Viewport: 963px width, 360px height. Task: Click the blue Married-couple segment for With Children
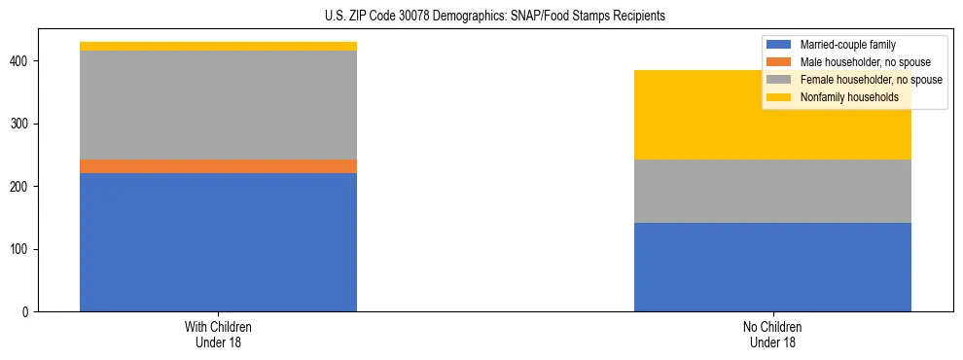point(218,242)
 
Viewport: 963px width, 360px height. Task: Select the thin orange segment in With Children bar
point(218,166)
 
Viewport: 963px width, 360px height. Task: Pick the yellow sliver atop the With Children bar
point(218,46)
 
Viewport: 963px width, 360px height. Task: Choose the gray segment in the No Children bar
point(772,191)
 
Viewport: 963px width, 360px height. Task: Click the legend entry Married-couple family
point(847,45)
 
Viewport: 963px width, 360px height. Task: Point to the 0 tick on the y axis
point(27,312)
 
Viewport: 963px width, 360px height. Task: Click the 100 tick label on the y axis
point(21,249)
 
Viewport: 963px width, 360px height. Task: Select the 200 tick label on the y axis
point(21,187)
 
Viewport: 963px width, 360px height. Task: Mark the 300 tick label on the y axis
point(21,124)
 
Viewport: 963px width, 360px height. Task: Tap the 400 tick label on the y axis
point(21,61)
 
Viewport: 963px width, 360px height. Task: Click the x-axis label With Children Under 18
point(218,335)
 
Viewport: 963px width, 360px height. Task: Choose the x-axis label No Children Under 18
point(772,335)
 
